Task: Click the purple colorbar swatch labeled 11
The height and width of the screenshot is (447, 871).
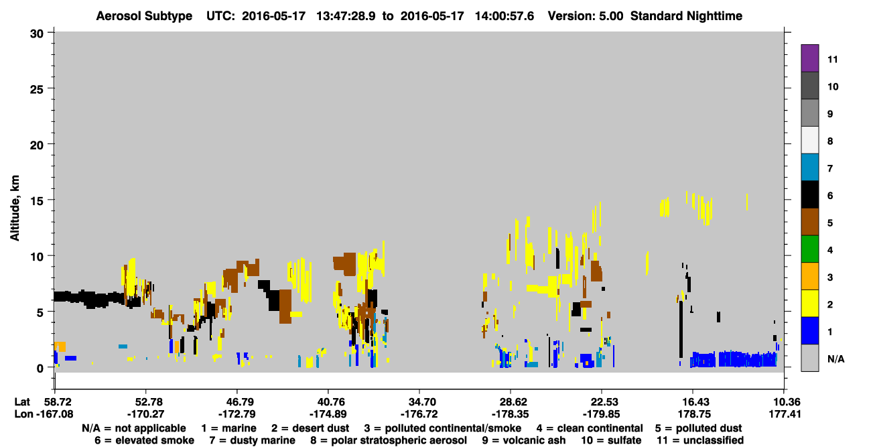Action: [x=809, y=58]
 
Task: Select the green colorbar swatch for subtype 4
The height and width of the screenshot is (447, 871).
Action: [x=809, y=249]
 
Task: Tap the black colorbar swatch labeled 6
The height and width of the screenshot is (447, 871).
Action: [x=809, y=194]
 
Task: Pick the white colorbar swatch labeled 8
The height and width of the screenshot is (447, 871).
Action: [x=809, y=140]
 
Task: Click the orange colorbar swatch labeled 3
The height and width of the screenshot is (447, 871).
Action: [x=809, y=276]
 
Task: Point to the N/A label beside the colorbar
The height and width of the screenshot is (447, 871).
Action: [x=835, y=359]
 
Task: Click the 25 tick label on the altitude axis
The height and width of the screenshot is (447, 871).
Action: [x=37, y=89]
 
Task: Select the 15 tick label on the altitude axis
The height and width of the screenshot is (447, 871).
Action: [x=37, y=200]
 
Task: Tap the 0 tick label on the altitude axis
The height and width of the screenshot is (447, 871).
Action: [x=40, y=368]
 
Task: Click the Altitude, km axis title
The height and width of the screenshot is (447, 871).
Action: [x=14, y=208]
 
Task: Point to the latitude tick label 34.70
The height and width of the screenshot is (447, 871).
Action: [x=419, y=401]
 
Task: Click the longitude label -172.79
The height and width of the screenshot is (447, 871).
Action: [x=237, y=414]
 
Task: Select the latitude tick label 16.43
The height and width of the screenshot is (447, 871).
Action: [x=692, y=401]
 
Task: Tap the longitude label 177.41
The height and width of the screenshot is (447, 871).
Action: [x=785, y=414]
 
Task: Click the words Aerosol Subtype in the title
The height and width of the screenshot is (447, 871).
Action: [x=144, y=16]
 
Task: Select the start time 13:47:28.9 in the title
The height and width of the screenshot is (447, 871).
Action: [x=346, y=16]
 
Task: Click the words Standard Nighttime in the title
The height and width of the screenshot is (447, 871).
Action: [x=686, y=16]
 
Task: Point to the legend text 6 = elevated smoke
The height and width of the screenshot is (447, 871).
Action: [x=144, y=440]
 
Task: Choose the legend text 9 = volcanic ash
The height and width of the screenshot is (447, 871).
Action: [x=524, y=440]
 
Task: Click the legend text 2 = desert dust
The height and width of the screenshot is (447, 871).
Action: [x=310, y=428]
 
